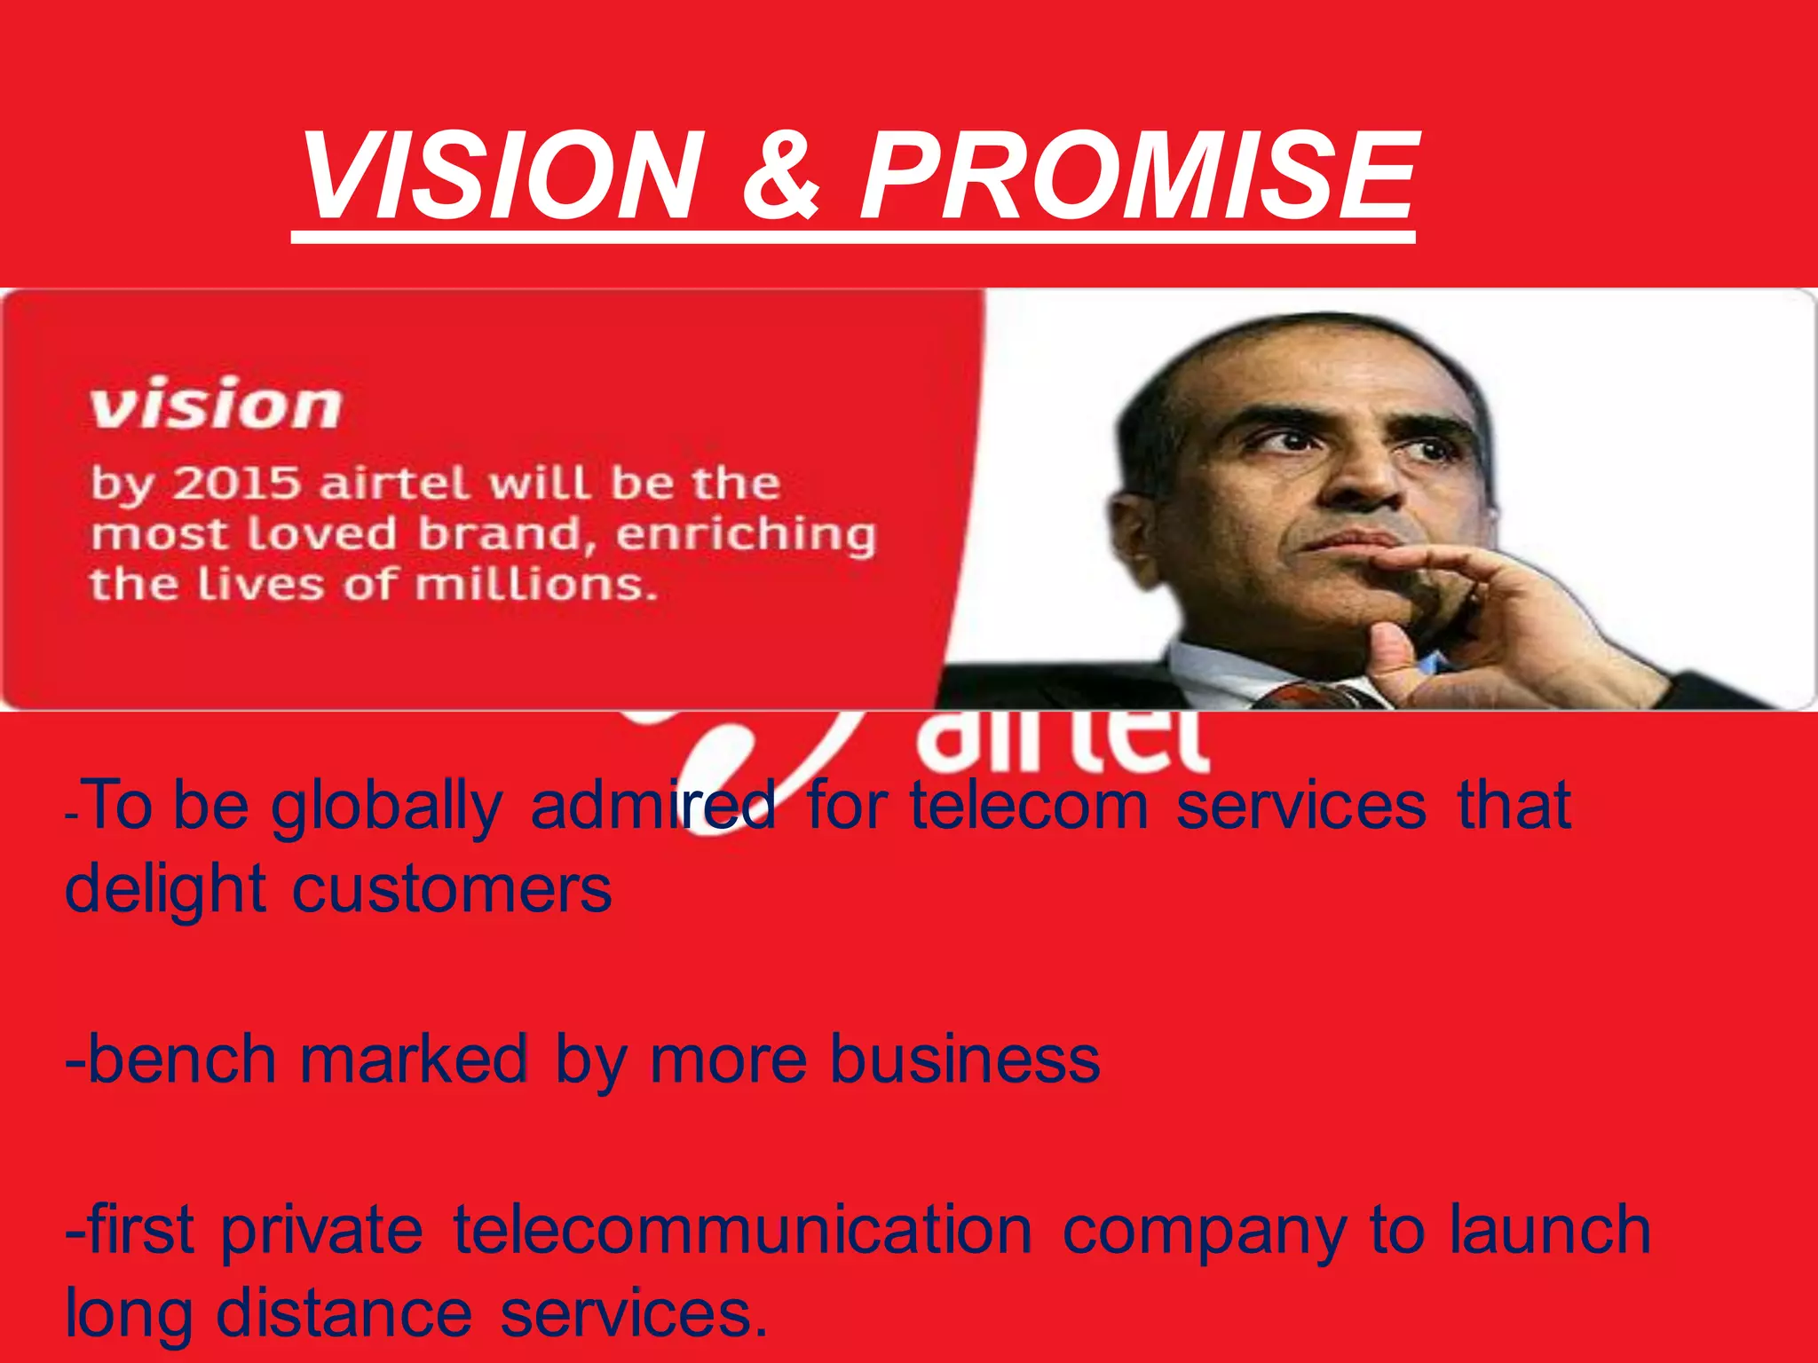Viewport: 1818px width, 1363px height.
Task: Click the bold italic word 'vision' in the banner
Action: (x=216, y=405)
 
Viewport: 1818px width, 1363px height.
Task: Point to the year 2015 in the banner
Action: (x=235, y=484)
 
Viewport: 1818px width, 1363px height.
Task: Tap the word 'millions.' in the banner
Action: (x=536, y=586)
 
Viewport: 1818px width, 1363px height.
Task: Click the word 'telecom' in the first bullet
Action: (x=1030, y=805)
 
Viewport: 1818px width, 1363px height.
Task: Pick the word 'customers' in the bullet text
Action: (x=452, y=888)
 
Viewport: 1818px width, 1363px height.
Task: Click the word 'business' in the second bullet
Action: (x=965, y=1060)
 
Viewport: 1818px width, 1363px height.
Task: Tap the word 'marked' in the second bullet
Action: (x=414, y=1060)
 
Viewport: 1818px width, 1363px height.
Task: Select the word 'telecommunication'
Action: (x=742, y=1230)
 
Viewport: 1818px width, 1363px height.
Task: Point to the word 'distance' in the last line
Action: (x=344, y=1312)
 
